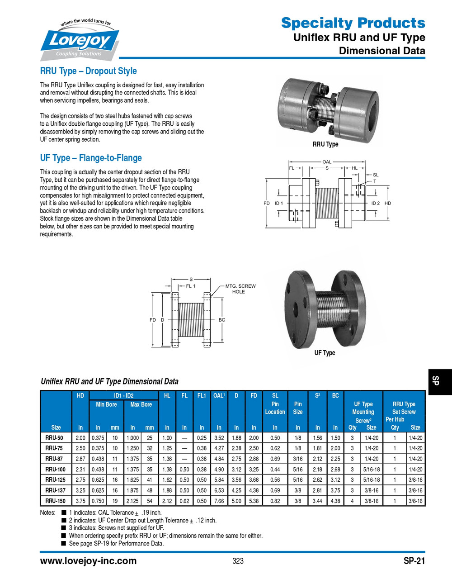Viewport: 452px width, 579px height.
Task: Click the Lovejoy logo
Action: click(80, 41)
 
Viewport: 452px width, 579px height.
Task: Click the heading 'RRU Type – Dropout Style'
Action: click(88, 71)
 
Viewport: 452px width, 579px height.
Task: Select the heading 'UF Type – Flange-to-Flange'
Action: click(91, 158)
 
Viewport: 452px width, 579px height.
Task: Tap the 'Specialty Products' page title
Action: click(353, 23)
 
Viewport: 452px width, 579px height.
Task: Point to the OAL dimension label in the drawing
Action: click(327, 161)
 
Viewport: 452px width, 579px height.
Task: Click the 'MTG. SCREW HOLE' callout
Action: click(240, 289)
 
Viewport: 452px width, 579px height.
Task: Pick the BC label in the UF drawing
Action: click(222, 320)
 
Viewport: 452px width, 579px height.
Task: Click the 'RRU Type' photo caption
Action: click(325, 144)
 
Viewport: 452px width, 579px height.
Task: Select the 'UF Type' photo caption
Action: click(325, 353)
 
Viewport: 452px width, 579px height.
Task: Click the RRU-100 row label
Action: click(56, 470)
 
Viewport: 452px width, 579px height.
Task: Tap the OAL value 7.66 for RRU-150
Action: click(219, 501)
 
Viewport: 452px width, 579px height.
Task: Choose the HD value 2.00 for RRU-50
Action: click(80, 438)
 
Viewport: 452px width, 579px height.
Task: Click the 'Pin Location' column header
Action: click(275, 408)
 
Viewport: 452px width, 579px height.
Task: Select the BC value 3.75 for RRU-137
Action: click(335, 490)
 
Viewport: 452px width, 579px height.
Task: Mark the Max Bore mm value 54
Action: click(150, 501)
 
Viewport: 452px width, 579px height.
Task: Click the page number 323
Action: click(238, 561)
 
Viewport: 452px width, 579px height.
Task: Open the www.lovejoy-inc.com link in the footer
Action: click(88, 561)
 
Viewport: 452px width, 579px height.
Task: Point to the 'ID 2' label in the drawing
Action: click(375, 203)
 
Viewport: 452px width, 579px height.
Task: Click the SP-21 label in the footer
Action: click(414, 561)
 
